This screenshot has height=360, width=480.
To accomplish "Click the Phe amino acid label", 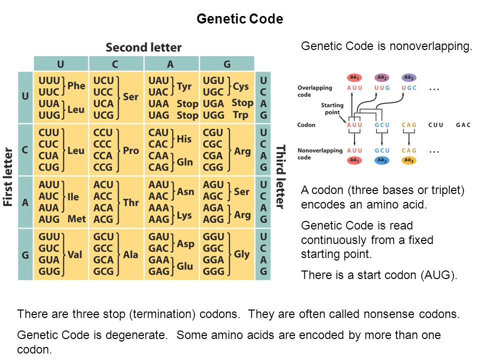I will coord(76,85).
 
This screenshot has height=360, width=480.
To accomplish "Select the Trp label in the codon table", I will coord(240,115).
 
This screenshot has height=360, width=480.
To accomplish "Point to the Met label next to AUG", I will coord(76,218).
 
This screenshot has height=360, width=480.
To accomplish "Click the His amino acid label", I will coord(184,139).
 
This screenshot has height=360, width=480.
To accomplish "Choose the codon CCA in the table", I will coord(103,155).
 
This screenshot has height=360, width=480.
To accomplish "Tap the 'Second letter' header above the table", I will coord(143,47).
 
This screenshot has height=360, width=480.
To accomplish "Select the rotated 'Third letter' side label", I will coord(281,176).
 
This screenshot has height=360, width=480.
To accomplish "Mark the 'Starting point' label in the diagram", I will coord(332,108).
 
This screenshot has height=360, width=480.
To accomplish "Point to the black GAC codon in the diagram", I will coord(463,124).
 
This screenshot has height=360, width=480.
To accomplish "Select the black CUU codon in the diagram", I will coord(436,124).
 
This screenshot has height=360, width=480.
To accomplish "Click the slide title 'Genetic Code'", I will coord(240,19).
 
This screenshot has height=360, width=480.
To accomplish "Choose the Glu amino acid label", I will coord(184,266).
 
